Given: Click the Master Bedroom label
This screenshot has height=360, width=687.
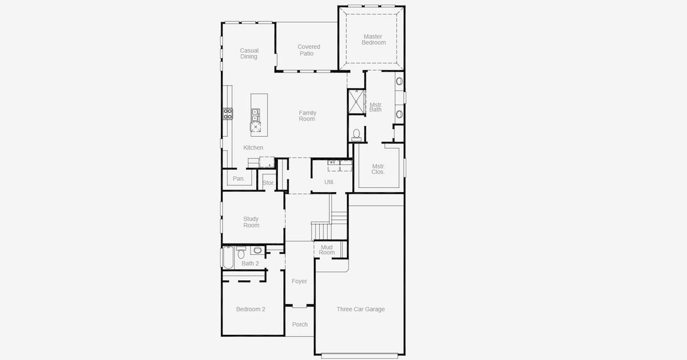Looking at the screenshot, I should coord(373,40).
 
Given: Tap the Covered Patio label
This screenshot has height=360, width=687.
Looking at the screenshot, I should coord(308,50).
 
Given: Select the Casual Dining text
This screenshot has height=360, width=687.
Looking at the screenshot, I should coord(249,53).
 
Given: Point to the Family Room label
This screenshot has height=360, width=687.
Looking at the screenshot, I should coord(307,116).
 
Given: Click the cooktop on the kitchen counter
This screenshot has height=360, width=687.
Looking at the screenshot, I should coord(227,113).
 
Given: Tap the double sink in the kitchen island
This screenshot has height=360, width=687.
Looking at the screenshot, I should coord(255,115).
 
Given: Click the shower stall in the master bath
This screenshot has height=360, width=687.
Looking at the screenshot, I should coord(356,101).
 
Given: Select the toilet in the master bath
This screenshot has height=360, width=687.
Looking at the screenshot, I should coord(356,134).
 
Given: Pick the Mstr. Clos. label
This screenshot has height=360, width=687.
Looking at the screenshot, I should coord(378,169).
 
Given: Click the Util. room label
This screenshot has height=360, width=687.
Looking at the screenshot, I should coord(329,182).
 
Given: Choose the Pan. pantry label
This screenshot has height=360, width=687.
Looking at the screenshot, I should coord(239,179).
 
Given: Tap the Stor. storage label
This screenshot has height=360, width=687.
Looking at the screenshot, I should coord(268,183).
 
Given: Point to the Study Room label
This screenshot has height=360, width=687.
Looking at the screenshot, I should coord(251,222).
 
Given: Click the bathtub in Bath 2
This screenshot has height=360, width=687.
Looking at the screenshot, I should coord(228,258).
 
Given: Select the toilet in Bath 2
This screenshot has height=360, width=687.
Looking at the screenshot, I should coord(241,253).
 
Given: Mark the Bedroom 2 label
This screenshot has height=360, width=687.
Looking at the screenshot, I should coord(251,309).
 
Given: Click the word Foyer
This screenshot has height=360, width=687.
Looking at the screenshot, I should coord(299,281).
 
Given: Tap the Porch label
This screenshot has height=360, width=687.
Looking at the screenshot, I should coord(300,325).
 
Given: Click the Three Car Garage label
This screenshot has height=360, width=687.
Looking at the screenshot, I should coord(361,309).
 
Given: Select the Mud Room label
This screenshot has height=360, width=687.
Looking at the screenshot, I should coord(327,250).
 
